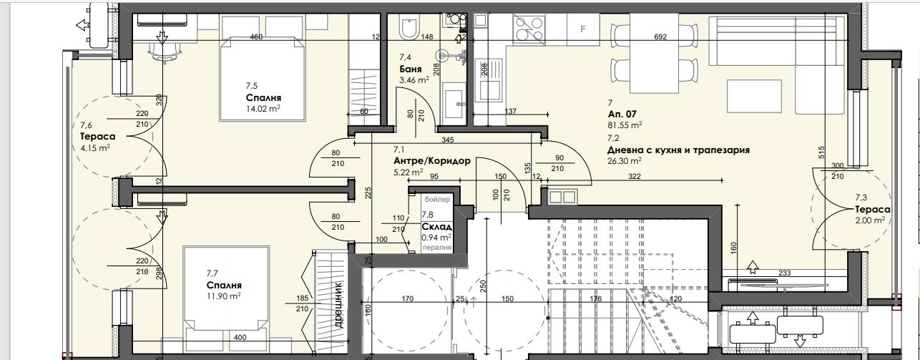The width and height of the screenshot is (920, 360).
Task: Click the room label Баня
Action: [411, 69]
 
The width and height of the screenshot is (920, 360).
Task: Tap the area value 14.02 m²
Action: [263, 109]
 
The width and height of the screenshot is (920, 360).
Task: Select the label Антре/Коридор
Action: [431, 161]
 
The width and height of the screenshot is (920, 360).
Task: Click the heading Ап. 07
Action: [622, 115]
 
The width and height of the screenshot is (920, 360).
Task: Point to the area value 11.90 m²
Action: [223, 296]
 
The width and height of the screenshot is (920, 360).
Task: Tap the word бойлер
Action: [437, 199]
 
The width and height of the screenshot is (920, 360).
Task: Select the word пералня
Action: [437, 248]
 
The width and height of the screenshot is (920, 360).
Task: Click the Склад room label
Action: [437, 226]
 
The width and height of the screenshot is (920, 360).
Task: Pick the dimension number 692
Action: [660, 37]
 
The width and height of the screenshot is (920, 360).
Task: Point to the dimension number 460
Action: [256, 37]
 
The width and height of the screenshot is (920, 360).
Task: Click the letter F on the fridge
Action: [582, 29]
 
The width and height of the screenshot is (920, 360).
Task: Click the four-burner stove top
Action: [529, 29]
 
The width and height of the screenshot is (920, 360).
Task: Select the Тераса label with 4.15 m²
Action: [97, 137]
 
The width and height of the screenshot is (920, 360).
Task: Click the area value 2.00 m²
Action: [870, 220]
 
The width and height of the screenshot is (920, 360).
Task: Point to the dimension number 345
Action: [448, 140]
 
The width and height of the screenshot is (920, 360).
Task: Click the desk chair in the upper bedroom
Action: [165, 52]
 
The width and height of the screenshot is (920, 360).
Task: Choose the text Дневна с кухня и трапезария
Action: [678, 150]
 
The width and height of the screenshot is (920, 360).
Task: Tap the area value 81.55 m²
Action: [625, 125]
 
